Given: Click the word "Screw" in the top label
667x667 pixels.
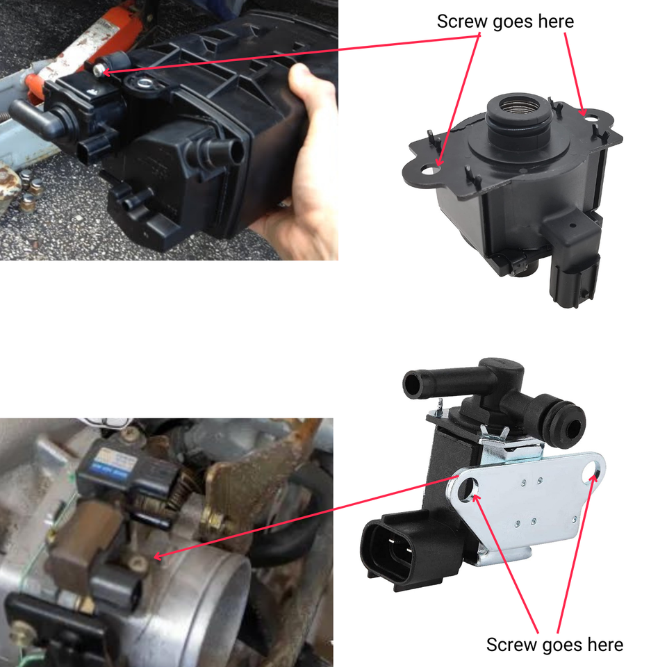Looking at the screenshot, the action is coord(463,22).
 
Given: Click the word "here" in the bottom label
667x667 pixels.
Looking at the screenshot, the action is coord(604,645).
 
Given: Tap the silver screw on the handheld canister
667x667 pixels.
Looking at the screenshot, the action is coord(99,71).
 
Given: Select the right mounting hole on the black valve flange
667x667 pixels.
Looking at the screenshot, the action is coord(591,117).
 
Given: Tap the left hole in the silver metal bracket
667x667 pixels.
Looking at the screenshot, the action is coord(468,488).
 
